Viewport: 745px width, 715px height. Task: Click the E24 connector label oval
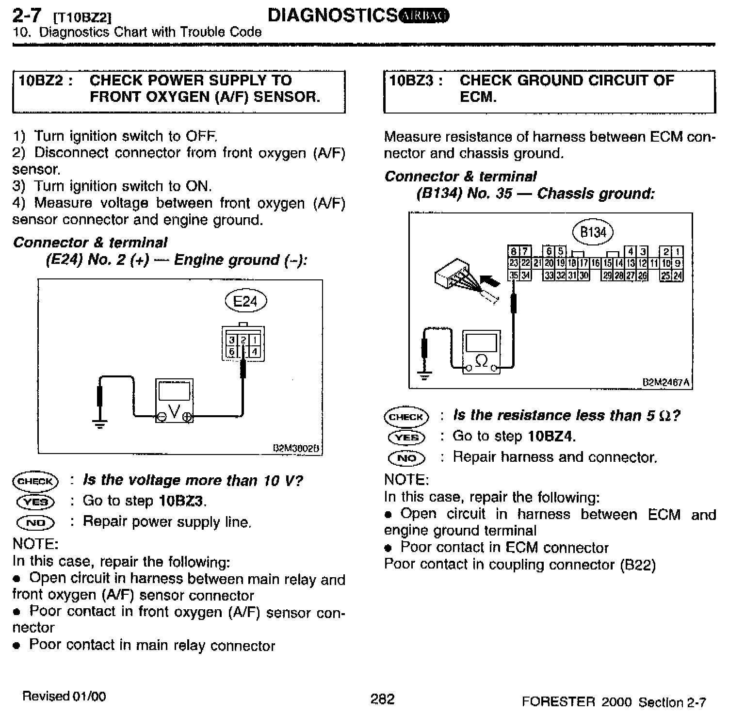(x=246, y=301)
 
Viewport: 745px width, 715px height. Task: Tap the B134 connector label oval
(x=593, y=232)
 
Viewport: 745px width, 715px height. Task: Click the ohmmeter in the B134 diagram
(x=481, y=352)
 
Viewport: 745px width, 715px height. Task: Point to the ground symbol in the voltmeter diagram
(x=100, y=425)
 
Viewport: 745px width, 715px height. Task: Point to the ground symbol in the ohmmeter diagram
(x=425, y=375)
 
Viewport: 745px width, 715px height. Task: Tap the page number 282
(x=382, y=699)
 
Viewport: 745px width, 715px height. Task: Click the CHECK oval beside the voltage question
(x=35, y=481)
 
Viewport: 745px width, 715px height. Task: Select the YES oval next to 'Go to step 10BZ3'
(x=35, y=502)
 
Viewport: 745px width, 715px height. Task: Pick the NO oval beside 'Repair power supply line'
(x=35, y=522)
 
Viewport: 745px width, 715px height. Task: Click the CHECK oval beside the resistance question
(x=406, y=417)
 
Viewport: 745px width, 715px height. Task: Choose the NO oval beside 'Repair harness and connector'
(x=406, y=457)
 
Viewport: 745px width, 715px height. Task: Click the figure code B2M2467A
(x=665, y=382)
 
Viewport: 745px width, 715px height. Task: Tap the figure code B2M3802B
(x=296, y=449)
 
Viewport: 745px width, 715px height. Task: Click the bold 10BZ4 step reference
(x=550, y=437)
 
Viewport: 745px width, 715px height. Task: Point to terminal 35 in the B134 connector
(x=513, y=276)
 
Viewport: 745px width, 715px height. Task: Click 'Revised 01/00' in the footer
(x=64, y=697)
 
